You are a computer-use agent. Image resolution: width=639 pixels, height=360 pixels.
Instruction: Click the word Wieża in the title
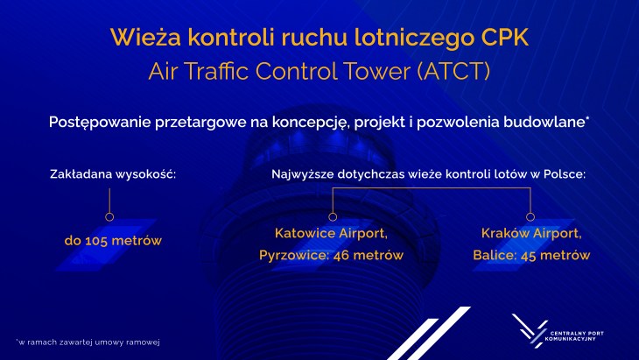point(145,37)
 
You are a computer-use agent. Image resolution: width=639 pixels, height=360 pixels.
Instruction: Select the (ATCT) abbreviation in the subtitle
point(453,71)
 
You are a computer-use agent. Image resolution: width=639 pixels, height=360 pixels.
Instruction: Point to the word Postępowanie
point(100,123)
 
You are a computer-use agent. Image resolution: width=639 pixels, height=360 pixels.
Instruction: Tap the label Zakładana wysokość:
point(113,174)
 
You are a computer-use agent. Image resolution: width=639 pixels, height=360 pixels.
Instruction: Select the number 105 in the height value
point(97,241)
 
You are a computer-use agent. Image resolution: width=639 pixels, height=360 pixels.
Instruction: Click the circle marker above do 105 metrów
point(109,217)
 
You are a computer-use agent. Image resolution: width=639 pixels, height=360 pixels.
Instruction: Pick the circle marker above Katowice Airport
point(333,217)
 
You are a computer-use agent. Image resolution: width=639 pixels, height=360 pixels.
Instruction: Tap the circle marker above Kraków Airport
point(530,217)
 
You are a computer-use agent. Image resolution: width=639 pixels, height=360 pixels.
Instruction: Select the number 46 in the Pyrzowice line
point(341,256)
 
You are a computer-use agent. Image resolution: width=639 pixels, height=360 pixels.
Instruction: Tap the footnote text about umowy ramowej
point(88,342)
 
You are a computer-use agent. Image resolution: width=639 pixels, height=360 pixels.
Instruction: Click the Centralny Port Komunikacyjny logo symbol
point(529,330)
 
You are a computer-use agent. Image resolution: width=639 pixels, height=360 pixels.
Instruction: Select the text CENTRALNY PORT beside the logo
point(577,333)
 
